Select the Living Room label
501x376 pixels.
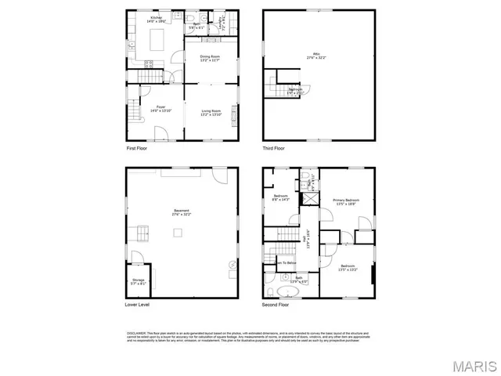pyautogui.click(x=210, y=113)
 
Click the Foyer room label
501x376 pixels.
pyautogui.click(x=160, y=107)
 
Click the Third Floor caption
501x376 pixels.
pyautogui.click(x=273, y=147)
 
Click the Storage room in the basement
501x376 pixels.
pyautogui.click(x=138, y=281)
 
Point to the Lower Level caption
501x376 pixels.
pyautogui.click(x=138, y=304)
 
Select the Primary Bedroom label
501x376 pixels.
pyautogui.click(x=346, y=201)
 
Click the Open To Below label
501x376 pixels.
pyautogui.click(x=287, y=263)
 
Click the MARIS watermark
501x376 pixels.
pyautogui.click(x=468, y=365)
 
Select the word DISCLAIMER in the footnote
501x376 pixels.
pyautogui.click(x=135, y=332)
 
